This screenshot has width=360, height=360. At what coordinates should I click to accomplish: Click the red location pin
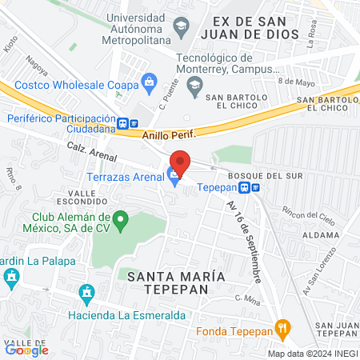click(180, 162)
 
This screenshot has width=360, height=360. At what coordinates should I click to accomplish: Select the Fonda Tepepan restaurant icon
click(282, 327)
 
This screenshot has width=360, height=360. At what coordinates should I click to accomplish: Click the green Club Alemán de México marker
click(120, 218)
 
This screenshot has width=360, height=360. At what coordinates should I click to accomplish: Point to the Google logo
click(26, 349)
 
